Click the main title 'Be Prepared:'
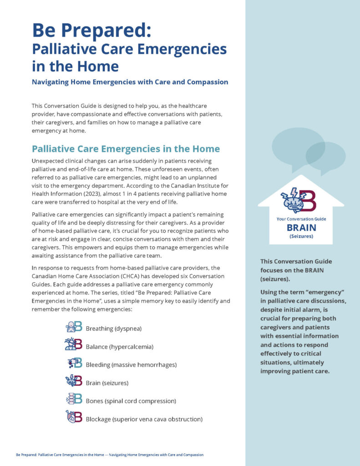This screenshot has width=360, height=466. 91,30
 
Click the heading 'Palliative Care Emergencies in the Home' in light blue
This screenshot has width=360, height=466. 126,149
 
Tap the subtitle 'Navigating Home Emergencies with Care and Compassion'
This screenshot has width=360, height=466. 130,82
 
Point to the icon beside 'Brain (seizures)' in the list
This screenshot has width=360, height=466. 74,381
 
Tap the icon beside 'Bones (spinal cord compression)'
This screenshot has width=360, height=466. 74,400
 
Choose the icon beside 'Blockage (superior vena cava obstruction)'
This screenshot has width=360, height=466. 74,417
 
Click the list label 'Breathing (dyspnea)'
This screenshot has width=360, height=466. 117,329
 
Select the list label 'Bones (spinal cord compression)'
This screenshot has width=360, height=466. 131,401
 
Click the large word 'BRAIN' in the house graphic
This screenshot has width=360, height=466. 301,228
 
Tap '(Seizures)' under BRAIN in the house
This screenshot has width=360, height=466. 301,237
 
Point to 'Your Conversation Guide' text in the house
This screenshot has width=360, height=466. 301,219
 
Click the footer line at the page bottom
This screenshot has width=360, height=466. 110,455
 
